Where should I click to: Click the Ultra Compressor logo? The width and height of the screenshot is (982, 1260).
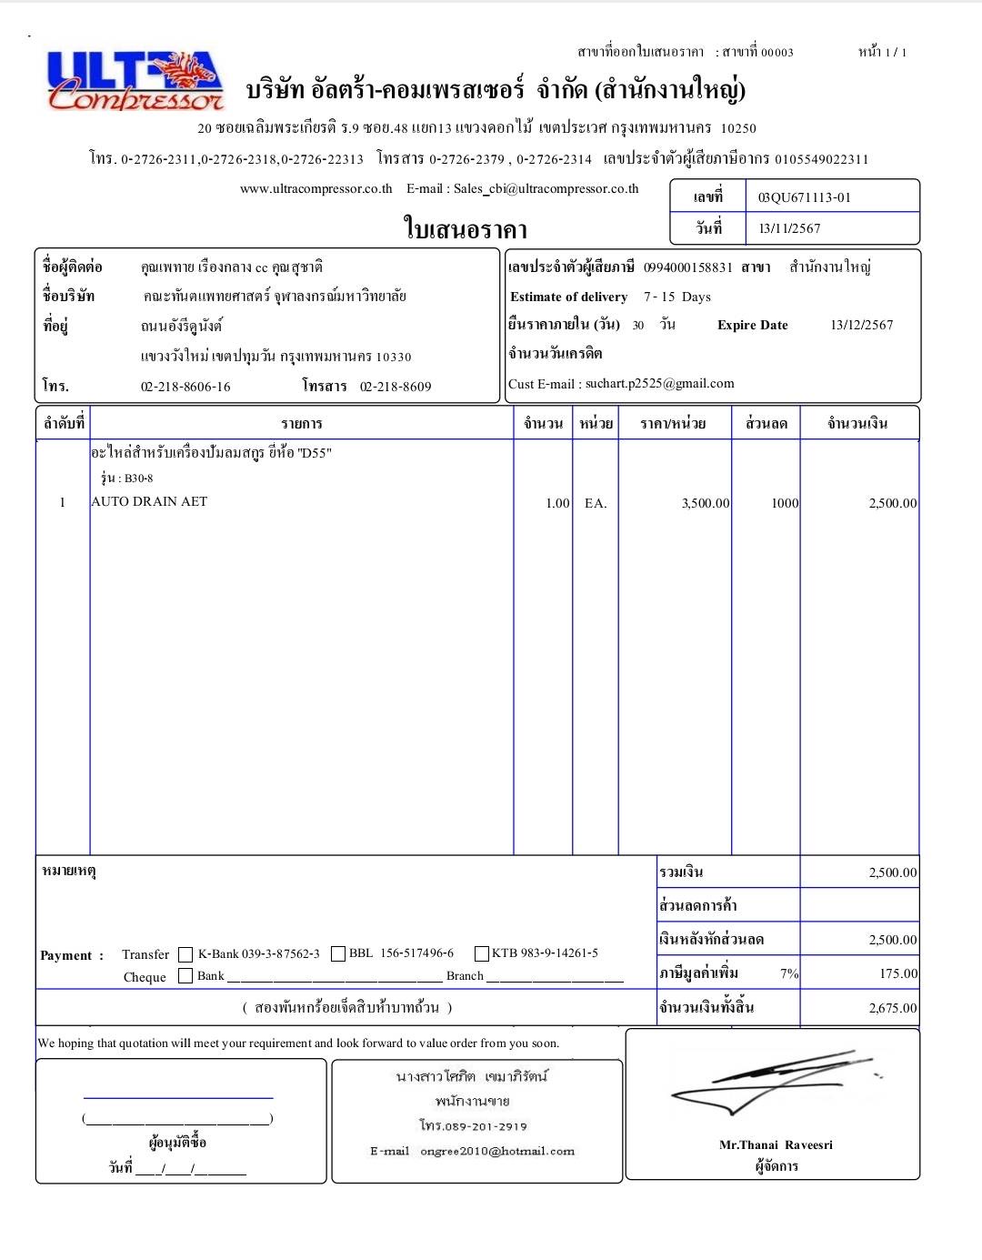pyautogui.click(x=135, y=80)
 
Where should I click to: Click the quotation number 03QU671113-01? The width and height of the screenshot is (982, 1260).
pyautogui.click(x=804, y=197)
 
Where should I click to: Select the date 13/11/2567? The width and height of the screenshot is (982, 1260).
pyautogui.click(x=789, y=228)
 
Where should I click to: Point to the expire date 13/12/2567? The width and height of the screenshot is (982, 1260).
pyautogui.click(x=861, y=325)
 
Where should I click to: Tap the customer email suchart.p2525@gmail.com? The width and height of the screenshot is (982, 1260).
pyautogui.click(x=659, y=384)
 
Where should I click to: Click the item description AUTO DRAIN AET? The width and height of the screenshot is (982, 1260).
pyautogui.click(x=149, y=501)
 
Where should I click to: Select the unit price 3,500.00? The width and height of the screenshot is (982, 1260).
pyautogui.click(x=705, y=503)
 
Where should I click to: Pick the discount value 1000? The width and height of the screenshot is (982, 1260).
pyautogui.click(x=784, y=503)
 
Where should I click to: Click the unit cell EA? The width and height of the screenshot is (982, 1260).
pyautogui.click(x=595, y=503)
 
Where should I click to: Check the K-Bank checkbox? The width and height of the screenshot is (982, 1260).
pyautogui.click(x=185, y=954)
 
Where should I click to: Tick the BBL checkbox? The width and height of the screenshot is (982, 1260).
pyautogui.click(x=338, y=953)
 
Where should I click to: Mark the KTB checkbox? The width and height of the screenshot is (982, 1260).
pyautogui.click(x=482, y=953)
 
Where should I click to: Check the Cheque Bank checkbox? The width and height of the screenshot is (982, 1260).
pyautogui.click(x=185, y=976)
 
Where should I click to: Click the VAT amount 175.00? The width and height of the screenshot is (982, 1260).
pyautogui.click(x=897, y=973)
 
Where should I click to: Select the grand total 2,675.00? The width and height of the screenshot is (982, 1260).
pyautogui.click(x=892, y=1008)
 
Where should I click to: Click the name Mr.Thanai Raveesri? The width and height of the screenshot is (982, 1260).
pyautogui.click(x=776, y=1144)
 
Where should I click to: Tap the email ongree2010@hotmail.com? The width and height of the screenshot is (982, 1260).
pyautogui.click(x=497, y=1151)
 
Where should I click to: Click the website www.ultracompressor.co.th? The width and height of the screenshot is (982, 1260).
pyautogui.click(x=316, y=189)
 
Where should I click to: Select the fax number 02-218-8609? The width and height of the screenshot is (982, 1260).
pyautogui.click(x=396, y=387)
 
